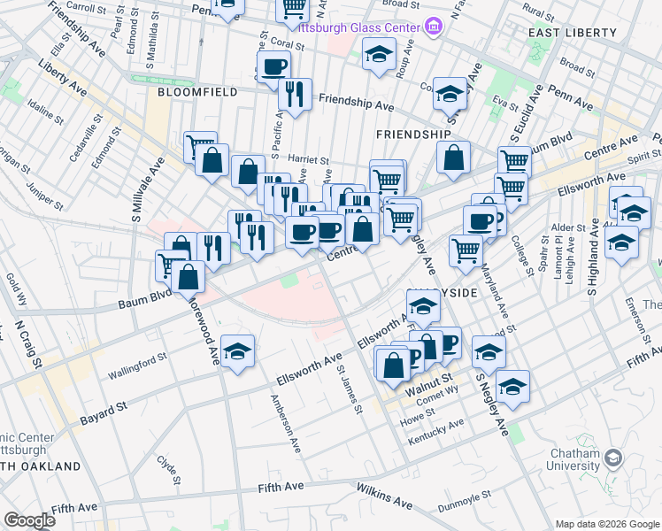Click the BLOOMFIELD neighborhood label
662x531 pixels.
click(x=192, y=91)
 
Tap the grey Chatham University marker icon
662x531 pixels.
click(x=613, y=458)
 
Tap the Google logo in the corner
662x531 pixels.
click(x=29, y=520)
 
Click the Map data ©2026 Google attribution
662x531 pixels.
click(x=606, y=524)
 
